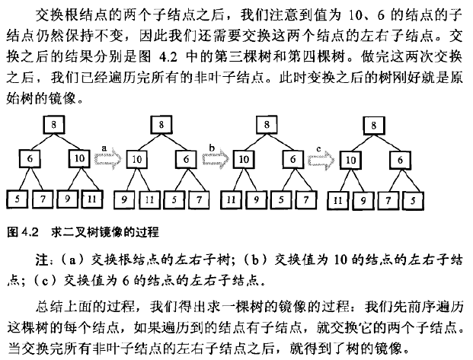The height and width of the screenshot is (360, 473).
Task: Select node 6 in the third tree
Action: click(x=293, y=160)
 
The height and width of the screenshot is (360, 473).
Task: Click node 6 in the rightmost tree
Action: click(x=400, y=160)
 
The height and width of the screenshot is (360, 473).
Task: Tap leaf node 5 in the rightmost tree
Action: click(x=414, y=200)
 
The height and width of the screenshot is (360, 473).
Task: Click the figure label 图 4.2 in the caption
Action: click(x=17, y=230)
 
